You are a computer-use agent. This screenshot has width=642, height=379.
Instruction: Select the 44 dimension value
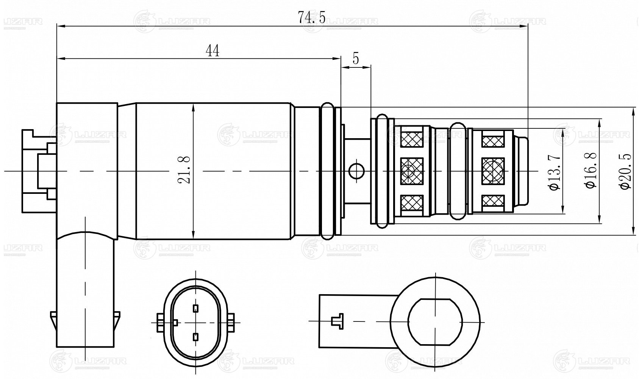click(212, 51)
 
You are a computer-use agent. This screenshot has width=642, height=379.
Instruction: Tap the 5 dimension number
click(356, 59)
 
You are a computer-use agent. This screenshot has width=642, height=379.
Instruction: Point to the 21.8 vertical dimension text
click(185, 171)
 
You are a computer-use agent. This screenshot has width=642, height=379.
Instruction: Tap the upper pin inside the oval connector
click(195, 308)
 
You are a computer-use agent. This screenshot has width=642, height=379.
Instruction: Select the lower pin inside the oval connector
click(195, 336)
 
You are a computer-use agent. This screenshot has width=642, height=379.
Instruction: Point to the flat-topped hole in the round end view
click(436, 321)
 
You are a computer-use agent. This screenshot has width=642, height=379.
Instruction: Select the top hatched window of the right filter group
click(493, 140)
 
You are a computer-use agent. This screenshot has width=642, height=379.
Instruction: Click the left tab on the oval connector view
click(159, 322)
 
